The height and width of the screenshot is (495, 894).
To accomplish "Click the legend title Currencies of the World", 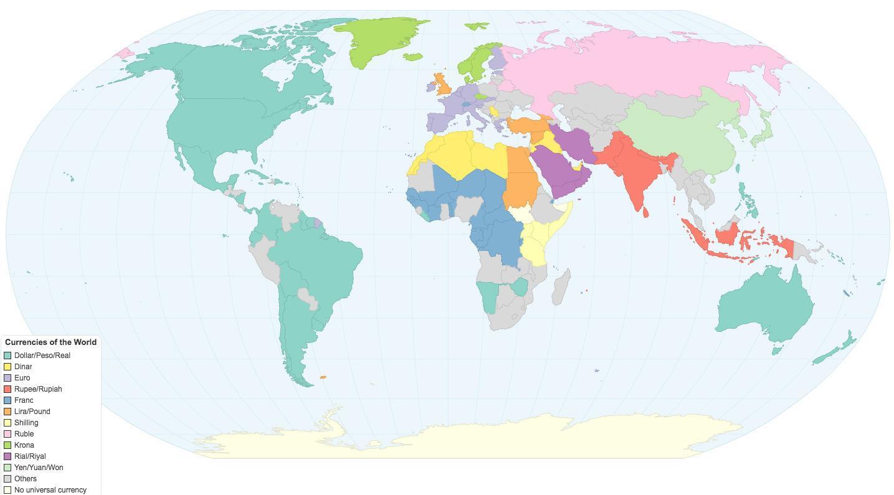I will click(50, 342).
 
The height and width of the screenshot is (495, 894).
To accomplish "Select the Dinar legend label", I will click(23, 367).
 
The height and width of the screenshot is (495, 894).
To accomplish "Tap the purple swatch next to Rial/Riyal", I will click(7, 456).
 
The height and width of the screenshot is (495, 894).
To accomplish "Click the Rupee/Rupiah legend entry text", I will click(38, 389).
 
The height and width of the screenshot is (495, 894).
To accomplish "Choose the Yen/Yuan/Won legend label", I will click(39, 468).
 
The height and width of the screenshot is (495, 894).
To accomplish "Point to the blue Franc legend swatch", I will click(7, 400).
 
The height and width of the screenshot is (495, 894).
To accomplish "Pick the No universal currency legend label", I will click(50, 490).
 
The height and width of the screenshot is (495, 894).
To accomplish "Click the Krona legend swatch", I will click(7, 445).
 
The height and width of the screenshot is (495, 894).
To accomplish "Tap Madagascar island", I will click(561, 287).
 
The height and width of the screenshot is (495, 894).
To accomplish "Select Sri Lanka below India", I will click(645, 212).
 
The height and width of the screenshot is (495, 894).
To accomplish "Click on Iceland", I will click(477, 26).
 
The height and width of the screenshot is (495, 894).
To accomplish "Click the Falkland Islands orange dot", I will click(323, 377).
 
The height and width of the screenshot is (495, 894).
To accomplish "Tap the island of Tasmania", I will click(777, 351).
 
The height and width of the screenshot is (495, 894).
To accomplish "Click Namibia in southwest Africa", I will click(488, 296).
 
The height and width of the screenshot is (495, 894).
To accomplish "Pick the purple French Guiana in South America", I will click(318, 222).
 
